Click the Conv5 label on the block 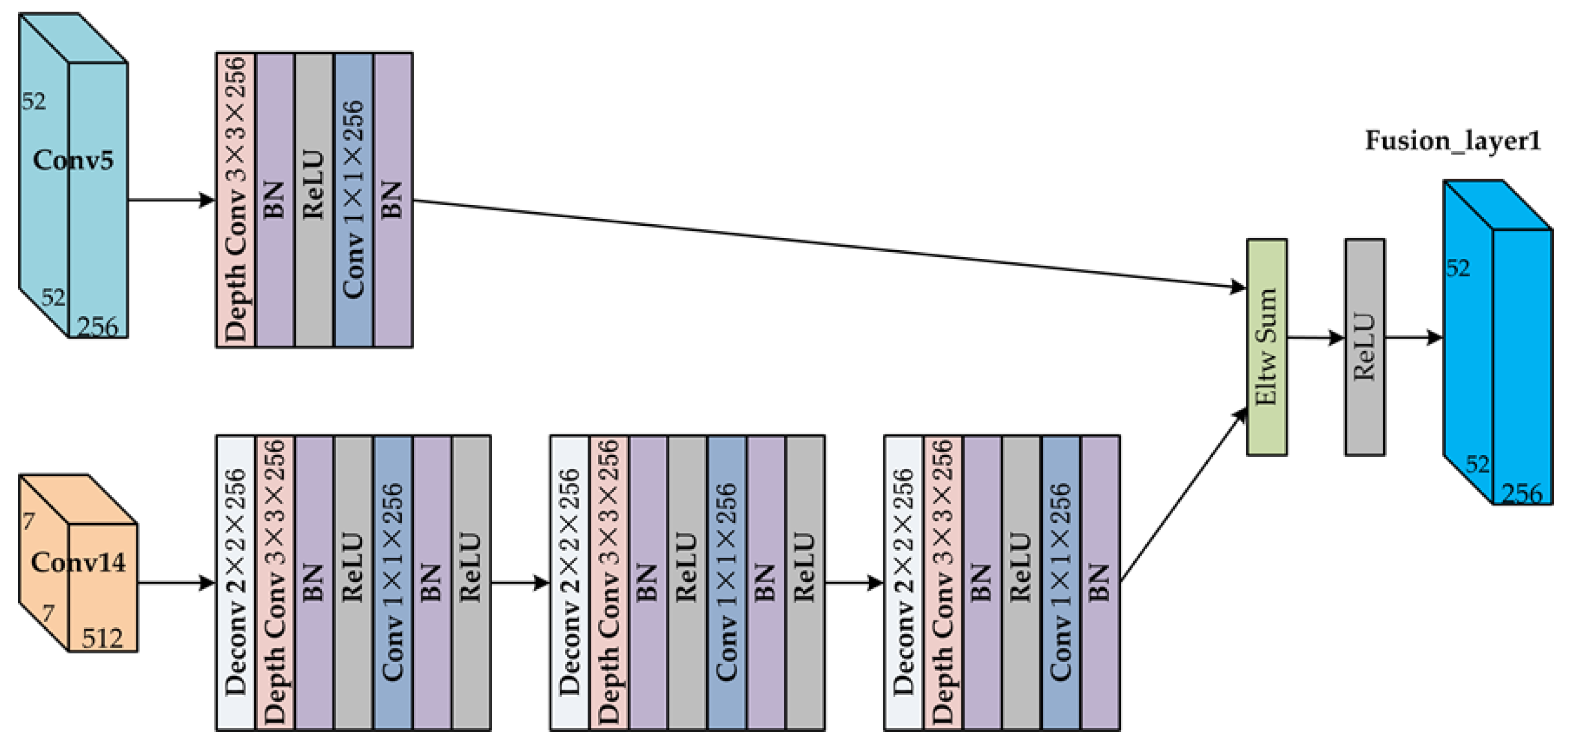(73, 160)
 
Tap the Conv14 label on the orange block (78, 562)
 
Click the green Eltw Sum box (1267, 347)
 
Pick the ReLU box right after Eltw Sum (1364, 347)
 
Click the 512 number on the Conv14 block (103, 638)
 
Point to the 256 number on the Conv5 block (97, 327)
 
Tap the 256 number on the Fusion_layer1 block (1521, 493)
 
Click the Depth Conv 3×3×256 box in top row (236, 200)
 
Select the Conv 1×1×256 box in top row (354, 200)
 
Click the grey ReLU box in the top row (314, 200)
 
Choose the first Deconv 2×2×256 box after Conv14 (236, 583)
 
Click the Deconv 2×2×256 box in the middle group (569, 583)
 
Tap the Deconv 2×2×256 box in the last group (903, 583)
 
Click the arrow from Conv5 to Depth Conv (170, 199)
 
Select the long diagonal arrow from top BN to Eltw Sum (829, 244)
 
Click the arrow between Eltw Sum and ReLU (1315, 337)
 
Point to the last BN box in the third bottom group (1100, 583)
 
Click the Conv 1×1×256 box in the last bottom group (1061, 583)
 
